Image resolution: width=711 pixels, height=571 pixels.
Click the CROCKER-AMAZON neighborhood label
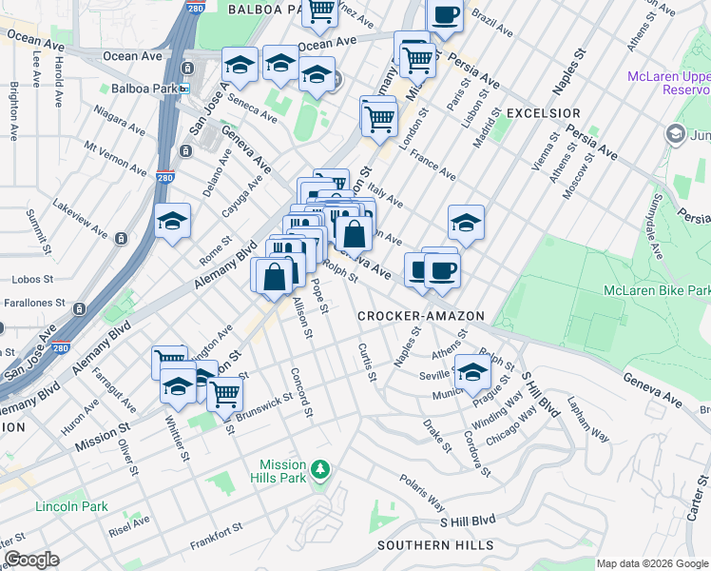pyautogui.click(x=421, y=315)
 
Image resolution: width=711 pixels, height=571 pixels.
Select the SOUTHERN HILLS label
pyautogui.click(x=435, y=545)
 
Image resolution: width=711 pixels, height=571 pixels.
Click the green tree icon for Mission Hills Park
pyautogui.click(x=320, y=469)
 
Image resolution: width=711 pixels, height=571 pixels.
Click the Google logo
pyautogui.click(x=31, y=560)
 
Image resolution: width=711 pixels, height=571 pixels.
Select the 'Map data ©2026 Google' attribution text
pyautogui.click(x=651, y=563)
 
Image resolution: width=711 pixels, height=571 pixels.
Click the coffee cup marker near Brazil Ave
pyautogui.click(x=445, y=16)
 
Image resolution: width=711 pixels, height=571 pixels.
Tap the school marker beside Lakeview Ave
pyautogui.click(x=172, y=222)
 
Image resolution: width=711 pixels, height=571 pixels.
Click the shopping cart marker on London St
pyautogui.click(x=378, y=118)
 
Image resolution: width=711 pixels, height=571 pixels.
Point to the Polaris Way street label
pyautogui.click(x=422, y=492)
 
